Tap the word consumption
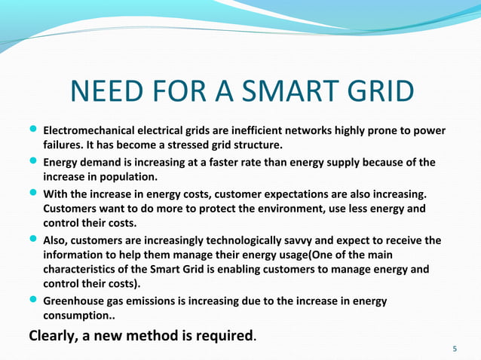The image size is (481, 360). (x=75, y=316)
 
